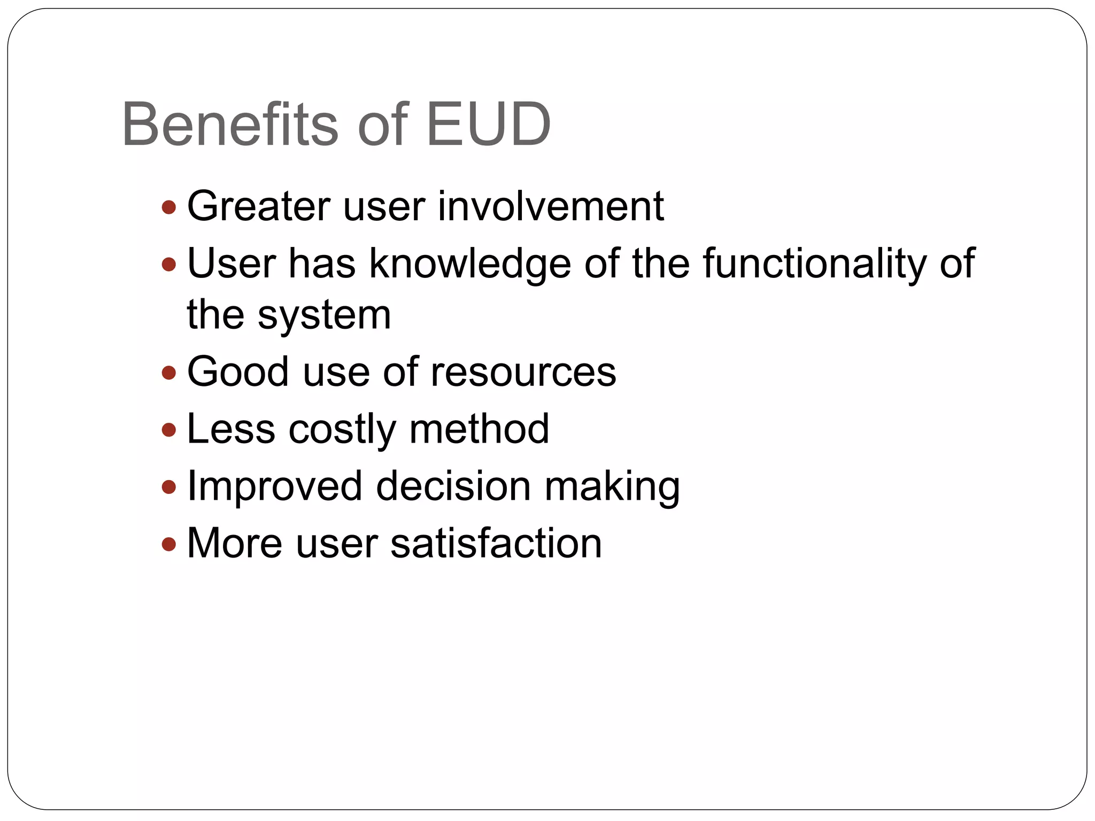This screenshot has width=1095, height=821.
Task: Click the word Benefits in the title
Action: coord(230,125)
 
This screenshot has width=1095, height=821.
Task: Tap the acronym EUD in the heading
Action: coord(488,125)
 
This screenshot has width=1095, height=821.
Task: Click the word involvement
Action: coord(551,206)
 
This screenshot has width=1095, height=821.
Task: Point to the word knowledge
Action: coord(470,264)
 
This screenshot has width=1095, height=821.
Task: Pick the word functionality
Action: coord(814,264)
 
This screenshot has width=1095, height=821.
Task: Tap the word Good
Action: coord(238,372)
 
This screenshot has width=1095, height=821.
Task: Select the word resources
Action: coord(523,372)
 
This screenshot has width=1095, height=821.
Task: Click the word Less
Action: coord(231,429)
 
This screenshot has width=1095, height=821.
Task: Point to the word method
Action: coord(479,429)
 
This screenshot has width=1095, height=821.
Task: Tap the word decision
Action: coord(453,486)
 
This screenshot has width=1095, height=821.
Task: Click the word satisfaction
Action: coord(496,544)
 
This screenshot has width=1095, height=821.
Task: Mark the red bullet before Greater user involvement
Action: coord(168,207)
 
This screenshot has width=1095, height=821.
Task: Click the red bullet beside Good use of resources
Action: coord(168,373)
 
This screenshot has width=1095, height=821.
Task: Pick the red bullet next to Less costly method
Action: coord(168,430)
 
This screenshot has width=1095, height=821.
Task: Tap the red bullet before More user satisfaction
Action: coord(168,544)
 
